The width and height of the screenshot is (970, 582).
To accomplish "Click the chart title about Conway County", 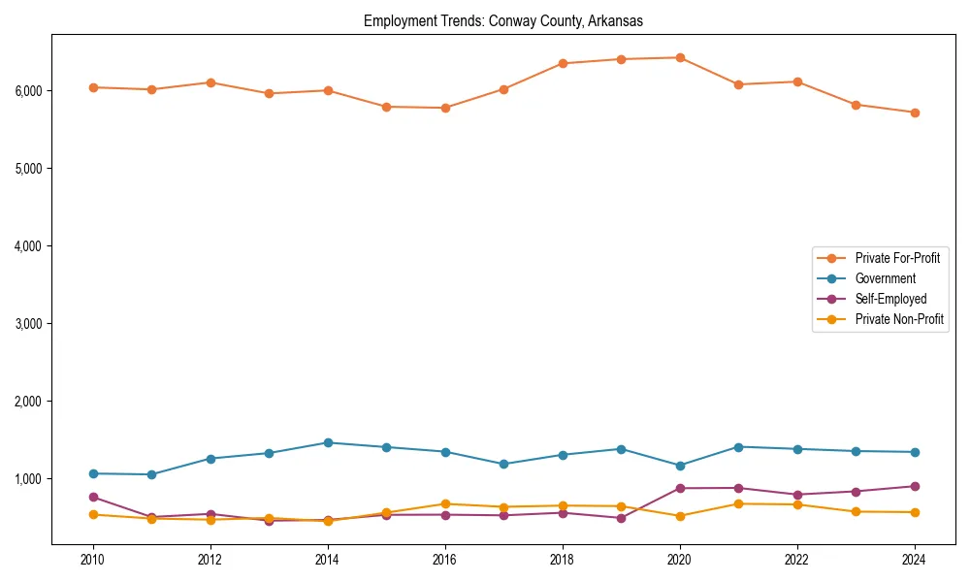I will tap(502, 20).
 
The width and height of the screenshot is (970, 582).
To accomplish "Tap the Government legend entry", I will tap(885, 278).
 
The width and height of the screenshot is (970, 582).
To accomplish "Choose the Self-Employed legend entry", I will tap(890, 299).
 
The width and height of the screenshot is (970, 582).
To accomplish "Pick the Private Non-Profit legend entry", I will tap(899, 319).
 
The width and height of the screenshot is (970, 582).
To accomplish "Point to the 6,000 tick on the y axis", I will tap(29, 91).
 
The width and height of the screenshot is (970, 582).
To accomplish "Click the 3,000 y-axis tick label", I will tap(29, 324).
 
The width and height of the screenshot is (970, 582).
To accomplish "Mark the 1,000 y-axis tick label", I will tap(29, 479).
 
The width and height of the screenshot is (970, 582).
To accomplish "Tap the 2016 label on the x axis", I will tap(445, 560).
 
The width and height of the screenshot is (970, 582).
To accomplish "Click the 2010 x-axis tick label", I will tap(93, 560).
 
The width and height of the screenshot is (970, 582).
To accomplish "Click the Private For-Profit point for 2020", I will tap(680, 57).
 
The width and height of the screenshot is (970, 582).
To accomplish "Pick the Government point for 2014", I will tap(328, 442).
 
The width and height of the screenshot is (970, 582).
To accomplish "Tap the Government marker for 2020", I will tap(680, 466).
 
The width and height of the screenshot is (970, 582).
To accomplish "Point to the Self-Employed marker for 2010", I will tap(93, 497).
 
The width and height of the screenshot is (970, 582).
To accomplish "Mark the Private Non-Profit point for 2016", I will tap(445, 503).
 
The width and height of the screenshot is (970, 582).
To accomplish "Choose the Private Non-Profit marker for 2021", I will tap(738, 503).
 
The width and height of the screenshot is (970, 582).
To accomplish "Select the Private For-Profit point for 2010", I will tap(93, 87).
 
